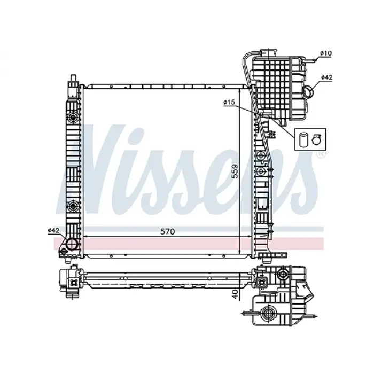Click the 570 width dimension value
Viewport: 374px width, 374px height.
[168, 232]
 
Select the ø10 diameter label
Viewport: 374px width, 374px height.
[326, 53]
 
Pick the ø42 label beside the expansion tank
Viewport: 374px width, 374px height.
[326, 77]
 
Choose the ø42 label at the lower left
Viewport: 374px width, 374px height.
[53, 230]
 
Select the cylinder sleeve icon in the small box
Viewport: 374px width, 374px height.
[304, 138]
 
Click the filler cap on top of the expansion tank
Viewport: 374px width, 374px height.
[267, 52]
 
